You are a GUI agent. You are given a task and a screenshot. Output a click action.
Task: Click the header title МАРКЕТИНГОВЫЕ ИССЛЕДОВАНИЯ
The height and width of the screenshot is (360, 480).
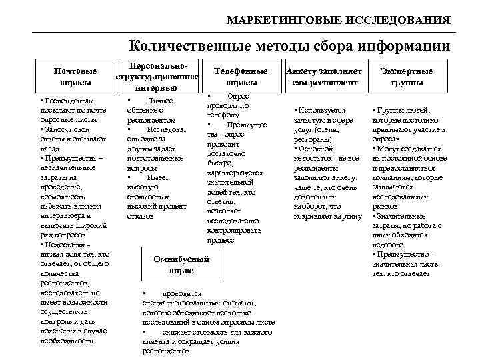click(x=338, y=20)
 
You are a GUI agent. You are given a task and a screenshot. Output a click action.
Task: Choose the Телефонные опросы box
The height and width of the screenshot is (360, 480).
click(x=241, y=77)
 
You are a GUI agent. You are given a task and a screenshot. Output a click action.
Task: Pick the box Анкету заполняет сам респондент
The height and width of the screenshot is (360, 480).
click(x=325, y=77)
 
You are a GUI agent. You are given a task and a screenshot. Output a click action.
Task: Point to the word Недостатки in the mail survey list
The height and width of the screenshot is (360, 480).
click(x=67, y=245)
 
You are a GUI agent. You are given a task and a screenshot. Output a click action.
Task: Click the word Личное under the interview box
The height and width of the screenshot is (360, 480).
click(x=160, y=101)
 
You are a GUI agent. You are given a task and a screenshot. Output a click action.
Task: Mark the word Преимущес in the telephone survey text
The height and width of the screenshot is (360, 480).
click(x=246, y=125)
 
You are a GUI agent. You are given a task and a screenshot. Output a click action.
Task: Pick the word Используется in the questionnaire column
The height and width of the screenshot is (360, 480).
click(x=321, y=111)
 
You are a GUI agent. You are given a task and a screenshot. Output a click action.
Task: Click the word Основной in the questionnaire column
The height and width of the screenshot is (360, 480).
click(x=316, y=149)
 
